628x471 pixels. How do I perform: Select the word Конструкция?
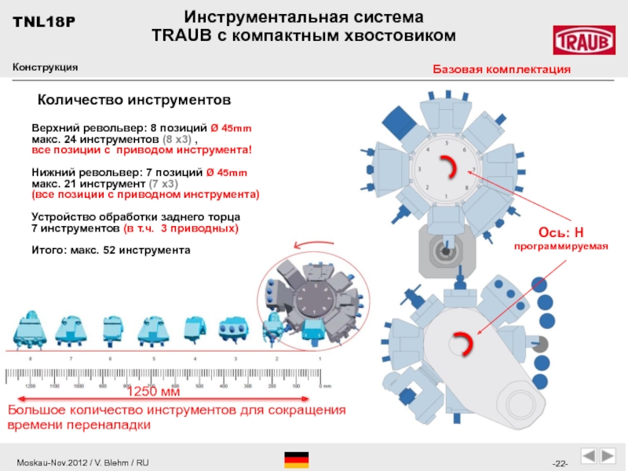(45, 68)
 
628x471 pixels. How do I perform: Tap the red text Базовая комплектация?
(502, 70)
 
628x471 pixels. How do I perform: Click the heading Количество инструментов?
(134, 100)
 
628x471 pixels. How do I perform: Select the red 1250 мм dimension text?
(153, 392)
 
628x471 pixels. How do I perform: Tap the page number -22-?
(560, 461)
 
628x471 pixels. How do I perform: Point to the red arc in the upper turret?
(451, 167)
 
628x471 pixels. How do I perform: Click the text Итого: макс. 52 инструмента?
(111, 250)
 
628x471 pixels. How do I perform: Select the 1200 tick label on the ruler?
(31, 386)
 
